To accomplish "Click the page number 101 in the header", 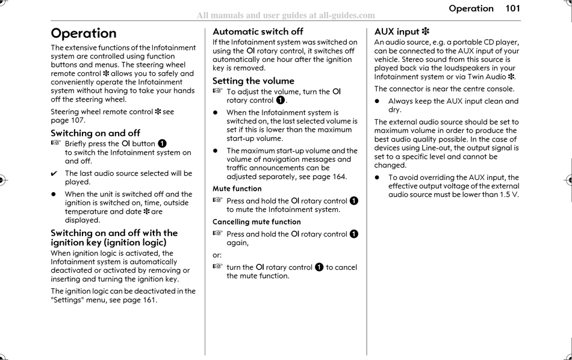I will tap(512, 8).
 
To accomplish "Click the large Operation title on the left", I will tap(84, 33).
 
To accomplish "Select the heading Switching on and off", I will tap(95, 133).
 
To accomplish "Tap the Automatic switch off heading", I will tap(258, 31).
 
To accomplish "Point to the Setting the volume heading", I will tap(253, 81).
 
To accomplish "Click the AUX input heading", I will tap(397, 31).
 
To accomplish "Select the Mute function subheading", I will tap(237, 188).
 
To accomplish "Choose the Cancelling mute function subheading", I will tap(256, 222).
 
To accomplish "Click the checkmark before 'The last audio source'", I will tap(55, 173).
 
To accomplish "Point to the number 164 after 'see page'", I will tap(339, 177).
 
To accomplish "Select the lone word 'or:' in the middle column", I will tap(217, 255).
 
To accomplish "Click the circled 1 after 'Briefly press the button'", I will tap(162, 144).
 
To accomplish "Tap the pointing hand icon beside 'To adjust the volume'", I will tap(217, 92).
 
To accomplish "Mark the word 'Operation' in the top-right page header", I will tap(471, 8).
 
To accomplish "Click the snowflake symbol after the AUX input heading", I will tap(426, 31).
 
